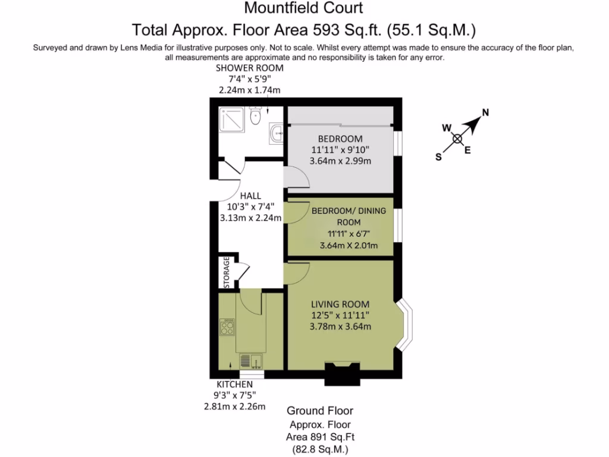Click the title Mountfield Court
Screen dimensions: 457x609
click(303, 8)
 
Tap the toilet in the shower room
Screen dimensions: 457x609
click(256, 117)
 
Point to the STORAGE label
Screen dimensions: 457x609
click(227, 273)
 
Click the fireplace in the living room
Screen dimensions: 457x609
click(343, 371)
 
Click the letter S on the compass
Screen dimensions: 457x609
click(439, 157)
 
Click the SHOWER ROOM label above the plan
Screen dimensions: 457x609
click(249, 68)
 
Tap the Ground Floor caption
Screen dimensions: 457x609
click(320, 411)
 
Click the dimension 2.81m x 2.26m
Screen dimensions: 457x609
click(234, 406)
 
